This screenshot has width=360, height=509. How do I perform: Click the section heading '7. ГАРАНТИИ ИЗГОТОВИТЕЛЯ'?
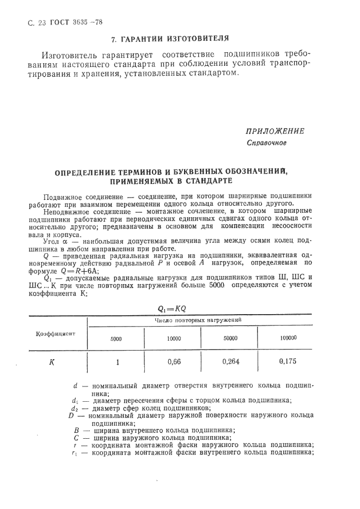[169, 39]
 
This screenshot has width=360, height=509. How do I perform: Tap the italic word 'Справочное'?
[267, 143]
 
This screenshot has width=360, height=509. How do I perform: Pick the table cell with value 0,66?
[174, 361]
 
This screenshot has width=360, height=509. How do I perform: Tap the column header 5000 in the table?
[116, 339]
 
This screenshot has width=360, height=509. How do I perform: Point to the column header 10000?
[174, 339]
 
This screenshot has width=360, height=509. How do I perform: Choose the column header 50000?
[230, 339]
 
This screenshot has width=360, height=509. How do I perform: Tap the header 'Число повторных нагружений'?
[201, 321]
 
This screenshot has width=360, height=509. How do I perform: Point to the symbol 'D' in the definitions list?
[71, 415]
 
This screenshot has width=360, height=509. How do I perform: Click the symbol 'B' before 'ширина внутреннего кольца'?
[77, 429]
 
